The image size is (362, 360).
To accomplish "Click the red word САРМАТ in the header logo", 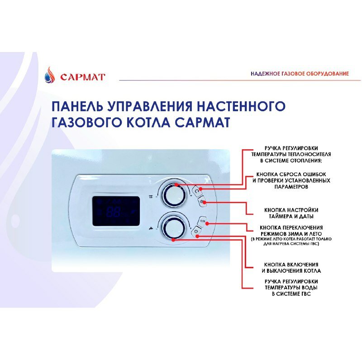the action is pyautogui.click(x=83, y=77).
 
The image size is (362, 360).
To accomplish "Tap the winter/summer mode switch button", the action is pyautogui.click(x=202, y=222).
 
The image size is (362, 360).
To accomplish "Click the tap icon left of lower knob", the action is pyautogui.click(x=150, y=228).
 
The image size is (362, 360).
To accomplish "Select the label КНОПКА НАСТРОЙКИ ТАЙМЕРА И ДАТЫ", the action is pyautogui.click(x=291, y=213).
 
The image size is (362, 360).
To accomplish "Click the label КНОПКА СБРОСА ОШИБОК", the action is pyautogui.click(x=291, y=174).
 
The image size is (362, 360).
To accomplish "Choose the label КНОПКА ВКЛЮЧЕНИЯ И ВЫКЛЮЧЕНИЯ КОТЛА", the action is pyautogui.click(x=291, y=267).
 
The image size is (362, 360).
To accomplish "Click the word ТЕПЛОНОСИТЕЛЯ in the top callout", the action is pyautogui.click(x=306, y=154).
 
